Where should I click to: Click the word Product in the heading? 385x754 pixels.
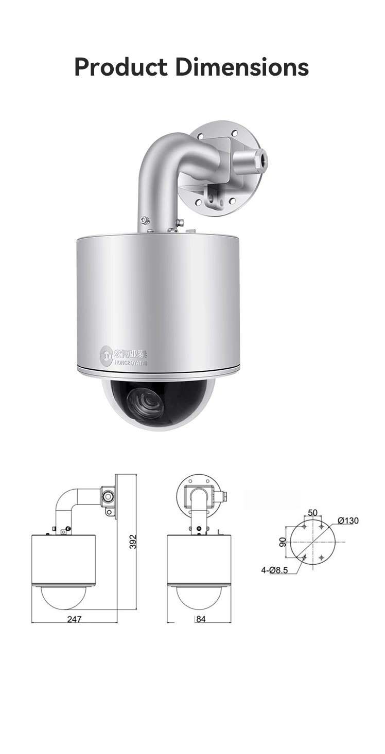point(120,67)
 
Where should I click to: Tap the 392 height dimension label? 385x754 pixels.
point(133,542)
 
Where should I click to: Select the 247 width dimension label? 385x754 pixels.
point(74,619)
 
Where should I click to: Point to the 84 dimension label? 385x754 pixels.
point(200,619)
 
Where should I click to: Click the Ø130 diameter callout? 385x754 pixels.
point(348,520)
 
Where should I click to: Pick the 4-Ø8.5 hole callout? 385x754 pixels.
point(274,569)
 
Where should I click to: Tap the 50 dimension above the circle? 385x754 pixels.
point(312,512)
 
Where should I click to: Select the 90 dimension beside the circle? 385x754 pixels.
point(283,542)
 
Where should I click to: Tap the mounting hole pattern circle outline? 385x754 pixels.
point(313,543)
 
